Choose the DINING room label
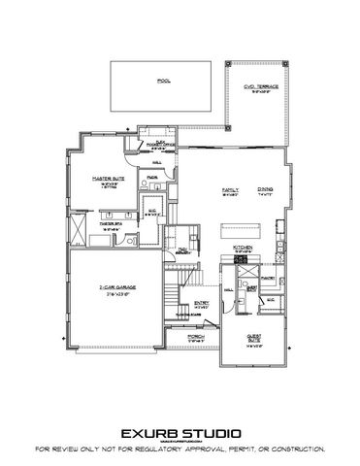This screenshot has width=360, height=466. pos(265,190)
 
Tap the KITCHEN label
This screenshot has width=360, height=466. pos(244,248)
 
